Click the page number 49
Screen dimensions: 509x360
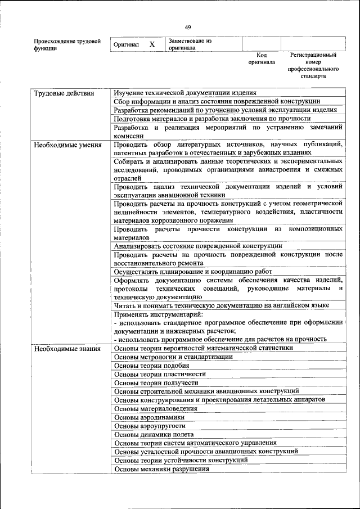[x=188, y=27]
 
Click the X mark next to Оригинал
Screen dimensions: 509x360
[x=152, y=44]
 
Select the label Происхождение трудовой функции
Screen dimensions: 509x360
[x=67, y=44]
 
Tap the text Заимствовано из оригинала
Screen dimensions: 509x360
[x=190, y=44]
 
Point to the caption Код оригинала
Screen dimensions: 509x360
[x=261, y=58]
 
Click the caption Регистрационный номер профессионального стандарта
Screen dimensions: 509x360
[x=313, y=65]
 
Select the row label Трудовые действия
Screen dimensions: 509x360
[x=64, y=93]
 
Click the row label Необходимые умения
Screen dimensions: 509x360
[x=67, y=145]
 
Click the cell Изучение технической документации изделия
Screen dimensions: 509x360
[x=185, y=93]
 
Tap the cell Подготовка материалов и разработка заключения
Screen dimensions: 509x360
[x=212, y=119]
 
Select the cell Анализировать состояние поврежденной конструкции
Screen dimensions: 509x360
[x=198, y=245]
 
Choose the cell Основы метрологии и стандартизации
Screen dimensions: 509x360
[x=173, y=357]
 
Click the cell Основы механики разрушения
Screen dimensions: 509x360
[x=157, y=468]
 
